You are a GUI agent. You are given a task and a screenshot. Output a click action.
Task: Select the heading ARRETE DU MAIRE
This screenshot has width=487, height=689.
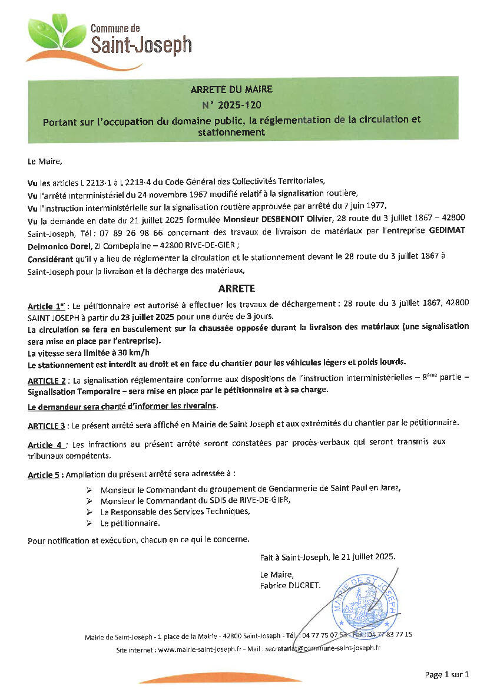click(x=231, y=90)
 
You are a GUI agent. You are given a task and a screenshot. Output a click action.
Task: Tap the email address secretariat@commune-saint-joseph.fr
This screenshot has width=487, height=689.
click(x=323, y=648)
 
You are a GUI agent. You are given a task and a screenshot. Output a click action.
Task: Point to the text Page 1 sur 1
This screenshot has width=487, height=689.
click(x=446, y=674)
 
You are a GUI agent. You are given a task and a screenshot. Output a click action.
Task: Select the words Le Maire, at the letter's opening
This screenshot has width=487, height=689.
click(x=44, y=160)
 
